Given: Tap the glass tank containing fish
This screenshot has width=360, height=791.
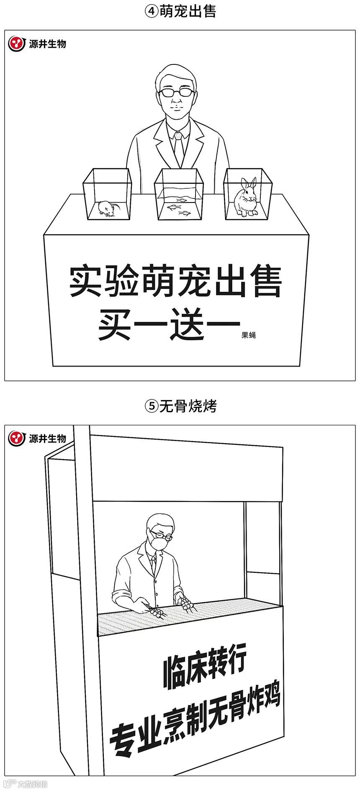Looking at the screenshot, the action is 179,195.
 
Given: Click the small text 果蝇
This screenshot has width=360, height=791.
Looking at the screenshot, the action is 249,335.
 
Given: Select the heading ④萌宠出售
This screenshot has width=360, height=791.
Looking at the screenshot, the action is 180,11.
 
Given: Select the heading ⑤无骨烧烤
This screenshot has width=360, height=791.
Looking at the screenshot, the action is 180,406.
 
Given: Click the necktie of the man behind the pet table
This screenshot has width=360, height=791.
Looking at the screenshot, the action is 179,149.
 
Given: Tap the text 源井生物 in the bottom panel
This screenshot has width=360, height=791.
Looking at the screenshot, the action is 47,439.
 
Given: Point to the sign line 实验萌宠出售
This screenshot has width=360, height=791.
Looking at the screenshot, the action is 175,281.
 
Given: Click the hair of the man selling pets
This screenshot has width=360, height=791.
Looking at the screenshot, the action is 175,74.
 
